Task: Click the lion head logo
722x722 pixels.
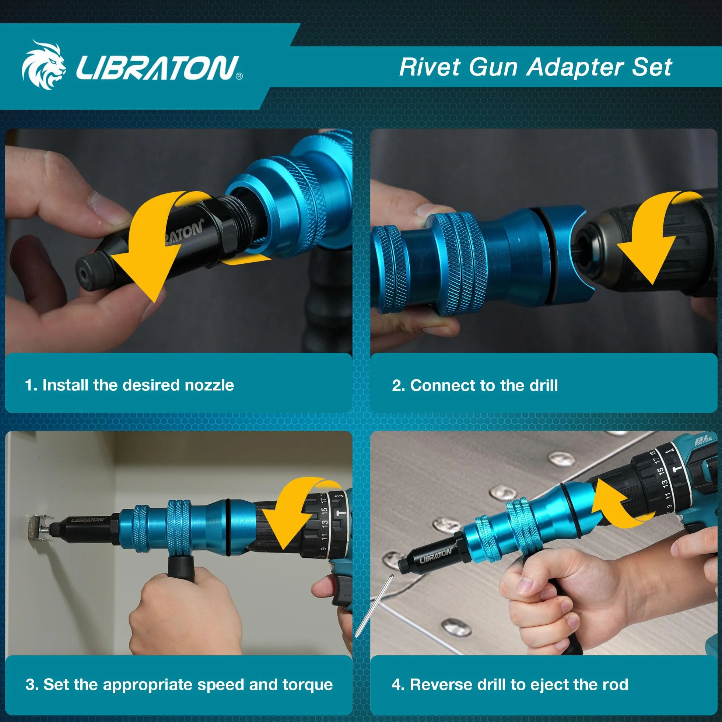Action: pos(44,66)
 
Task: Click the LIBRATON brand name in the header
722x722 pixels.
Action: pos(157,68)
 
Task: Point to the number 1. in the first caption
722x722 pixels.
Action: pos(31,385)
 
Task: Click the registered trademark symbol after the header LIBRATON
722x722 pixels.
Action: pos(239,76)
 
